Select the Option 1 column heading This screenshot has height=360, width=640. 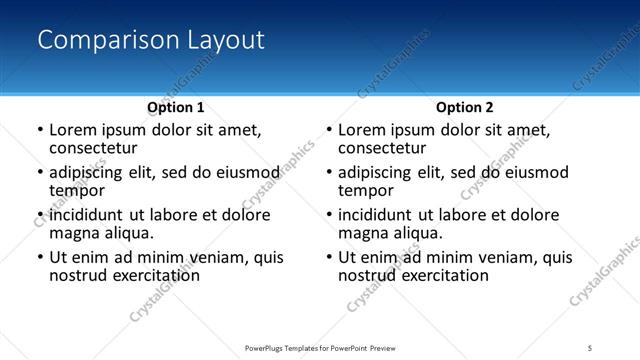point(176,107)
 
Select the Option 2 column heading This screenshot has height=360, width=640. point(465,107)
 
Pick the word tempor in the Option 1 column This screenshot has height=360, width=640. point(77,191)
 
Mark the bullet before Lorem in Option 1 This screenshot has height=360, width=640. point(39,130)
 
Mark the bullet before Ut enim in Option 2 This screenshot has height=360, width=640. point(328,257)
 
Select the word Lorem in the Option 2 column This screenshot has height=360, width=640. point(362,130)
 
